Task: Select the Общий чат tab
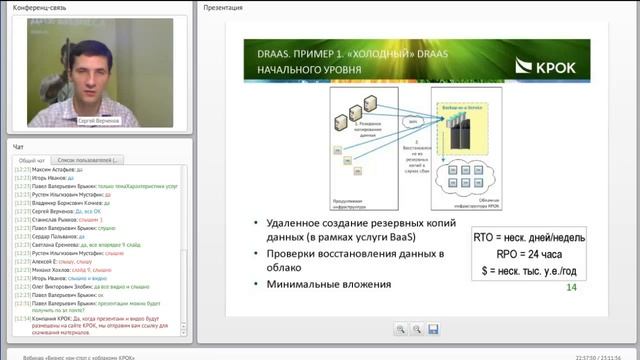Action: pyautogui.click(x=31, y=160)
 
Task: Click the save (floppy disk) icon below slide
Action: pyautogui.click(x=434, y=329)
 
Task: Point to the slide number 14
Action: pyautogui.click(x=572, y=288)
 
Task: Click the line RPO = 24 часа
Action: pyautogui.click(x=529, y=254)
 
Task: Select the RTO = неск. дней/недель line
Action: pyautogui.click(x=529, y=238)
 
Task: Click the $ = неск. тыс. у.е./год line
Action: pyautogui.click(x=529, y=270)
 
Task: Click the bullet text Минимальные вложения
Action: pyautogui.click(x=328, y=284)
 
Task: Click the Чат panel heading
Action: pyautogui.click(x=18, y=146)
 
